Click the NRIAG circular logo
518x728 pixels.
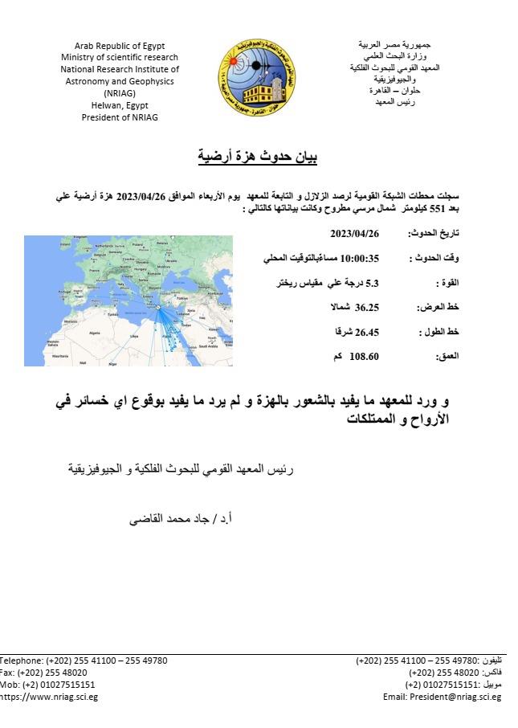[257, 76]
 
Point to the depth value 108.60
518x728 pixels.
[363, 354]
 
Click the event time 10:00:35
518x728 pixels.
[359, 259]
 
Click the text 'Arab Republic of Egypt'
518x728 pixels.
[120, 46]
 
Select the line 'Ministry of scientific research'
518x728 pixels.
[120, 58]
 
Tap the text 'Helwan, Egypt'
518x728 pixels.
[120, 105]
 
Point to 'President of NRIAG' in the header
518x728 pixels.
[120, 117]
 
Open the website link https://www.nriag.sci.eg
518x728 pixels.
[48, 697]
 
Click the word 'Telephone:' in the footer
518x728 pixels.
[21, 661]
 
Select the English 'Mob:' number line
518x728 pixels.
[47, 685]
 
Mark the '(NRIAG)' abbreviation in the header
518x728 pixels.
[120, 93]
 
